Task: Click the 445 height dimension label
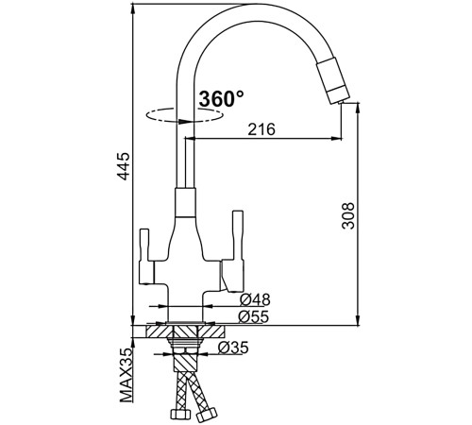[124, 166]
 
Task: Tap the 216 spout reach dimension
[261, 129]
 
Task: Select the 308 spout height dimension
[348, 215]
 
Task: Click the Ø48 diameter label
[255, 299]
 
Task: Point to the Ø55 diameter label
[254, 316]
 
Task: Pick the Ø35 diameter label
[233, 348]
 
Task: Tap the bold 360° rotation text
[221, 98]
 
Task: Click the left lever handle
[146, 256]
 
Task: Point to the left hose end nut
[180, 414]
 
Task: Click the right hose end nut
[207, 415]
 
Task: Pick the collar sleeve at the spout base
[185, 202]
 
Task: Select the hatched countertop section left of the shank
[159, 331]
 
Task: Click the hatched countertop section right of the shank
[211, 331]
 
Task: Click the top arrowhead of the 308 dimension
[358, 108]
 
